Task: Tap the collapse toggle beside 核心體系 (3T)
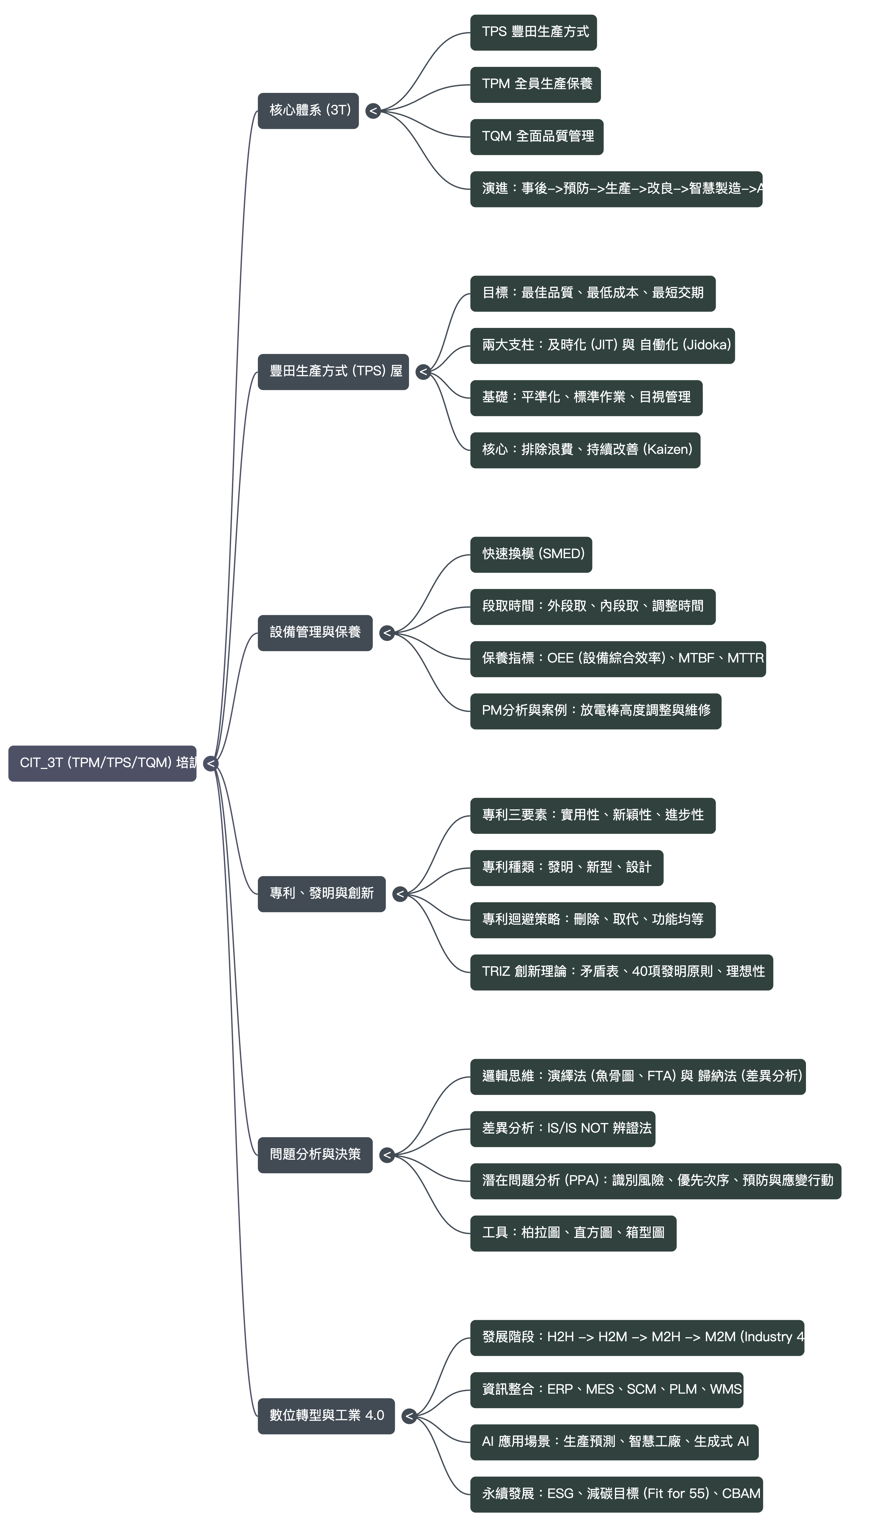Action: coord(373,111)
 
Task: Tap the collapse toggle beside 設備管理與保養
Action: coord(387,633)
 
